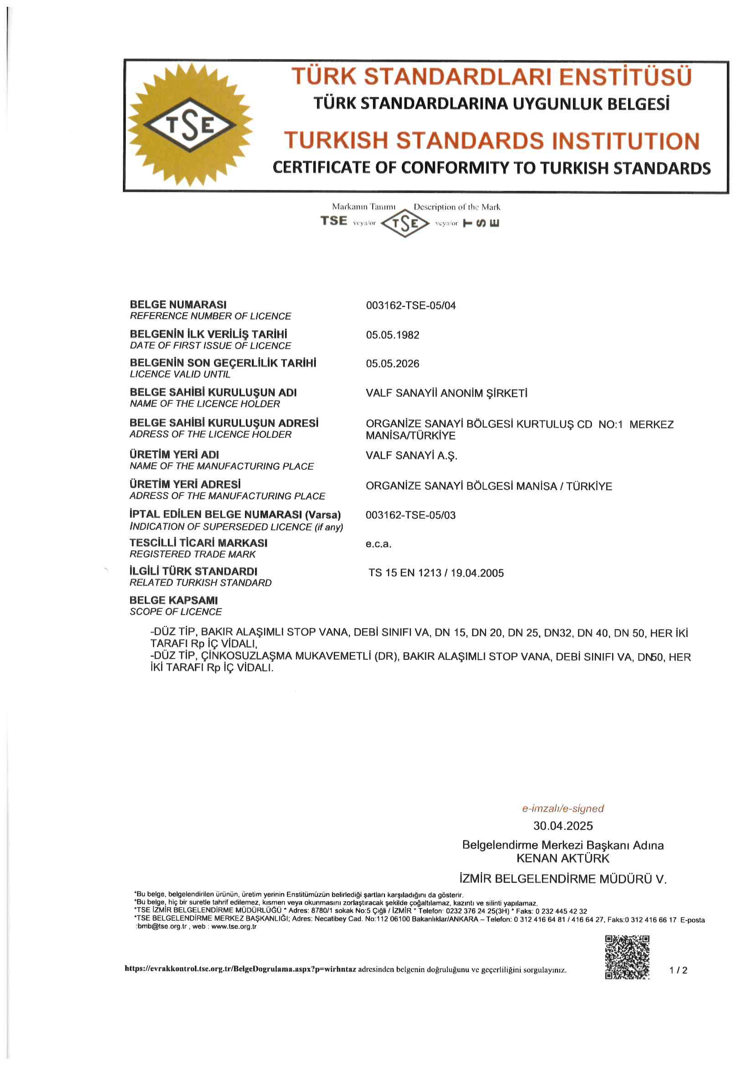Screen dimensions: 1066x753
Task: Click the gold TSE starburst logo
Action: [190, 125]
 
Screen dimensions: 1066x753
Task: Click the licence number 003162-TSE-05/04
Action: [410, 305]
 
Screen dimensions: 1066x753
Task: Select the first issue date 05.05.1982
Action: [393, 335]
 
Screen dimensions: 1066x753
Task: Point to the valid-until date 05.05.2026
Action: [393, 363]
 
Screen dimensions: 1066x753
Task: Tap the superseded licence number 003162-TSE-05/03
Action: [410, 515]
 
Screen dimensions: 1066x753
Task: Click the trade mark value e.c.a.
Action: [379, 543]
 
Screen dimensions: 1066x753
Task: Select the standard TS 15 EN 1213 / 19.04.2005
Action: [436, 573]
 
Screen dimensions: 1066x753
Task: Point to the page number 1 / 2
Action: [678, 970]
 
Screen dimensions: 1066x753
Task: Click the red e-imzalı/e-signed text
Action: [563, 808]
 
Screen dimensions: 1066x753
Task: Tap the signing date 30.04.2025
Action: [563, 826]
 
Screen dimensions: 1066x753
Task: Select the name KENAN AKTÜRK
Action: [563, 858]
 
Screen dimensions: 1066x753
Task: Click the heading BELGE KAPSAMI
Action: [174, 600]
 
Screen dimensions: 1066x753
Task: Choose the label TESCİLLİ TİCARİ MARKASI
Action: [199, 543]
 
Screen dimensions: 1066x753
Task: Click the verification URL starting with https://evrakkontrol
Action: [241, 969]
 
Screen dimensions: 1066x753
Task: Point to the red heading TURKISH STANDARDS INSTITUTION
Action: [492, 141]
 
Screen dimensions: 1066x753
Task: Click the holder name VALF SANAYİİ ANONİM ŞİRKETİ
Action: [446, 393]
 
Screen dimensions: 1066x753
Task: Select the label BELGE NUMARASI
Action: [178, 305]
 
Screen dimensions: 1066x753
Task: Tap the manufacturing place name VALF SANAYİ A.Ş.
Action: [411, 455]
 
